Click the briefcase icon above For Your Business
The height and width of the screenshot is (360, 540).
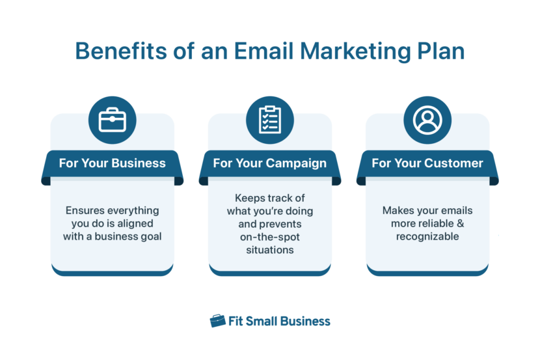click(113, 120)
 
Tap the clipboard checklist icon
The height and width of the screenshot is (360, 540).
click(269, 120)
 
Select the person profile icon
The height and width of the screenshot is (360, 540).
click(427, 120)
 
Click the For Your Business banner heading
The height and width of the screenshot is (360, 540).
click(112, 163)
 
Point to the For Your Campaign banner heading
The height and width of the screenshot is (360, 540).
click(269, 163)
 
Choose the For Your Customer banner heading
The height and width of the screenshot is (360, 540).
click(427, 163)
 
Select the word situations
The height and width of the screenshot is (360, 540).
click(269, 249)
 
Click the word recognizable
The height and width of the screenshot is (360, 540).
click(427, 236)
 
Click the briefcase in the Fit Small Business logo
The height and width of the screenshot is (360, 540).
click(217, 321)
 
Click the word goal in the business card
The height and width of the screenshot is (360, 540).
click(149, 236)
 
